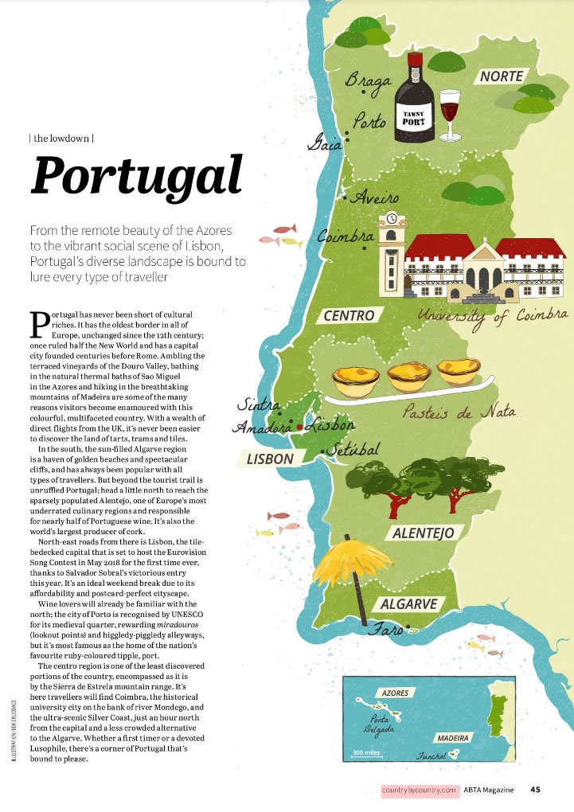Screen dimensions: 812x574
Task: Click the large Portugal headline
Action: (136, 176)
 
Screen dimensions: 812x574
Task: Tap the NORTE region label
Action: (502, 76)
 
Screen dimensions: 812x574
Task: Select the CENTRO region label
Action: (349, 316)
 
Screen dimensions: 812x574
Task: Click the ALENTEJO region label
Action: (423, 533)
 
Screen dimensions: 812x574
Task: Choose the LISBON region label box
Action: (270, 459)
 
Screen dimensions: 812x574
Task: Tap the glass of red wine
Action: (450, 111)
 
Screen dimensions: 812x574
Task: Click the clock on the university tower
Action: (391, 220)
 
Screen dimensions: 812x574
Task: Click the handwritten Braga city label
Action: (368, 80)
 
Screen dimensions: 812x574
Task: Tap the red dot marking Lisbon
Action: (299, 427)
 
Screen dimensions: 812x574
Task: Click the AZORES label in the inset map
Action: (395, 693)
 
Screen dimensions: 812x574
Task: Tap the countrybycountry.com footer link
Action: (420, 790)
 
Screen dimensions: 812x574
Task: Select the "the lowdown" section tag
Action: (61, 138)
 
